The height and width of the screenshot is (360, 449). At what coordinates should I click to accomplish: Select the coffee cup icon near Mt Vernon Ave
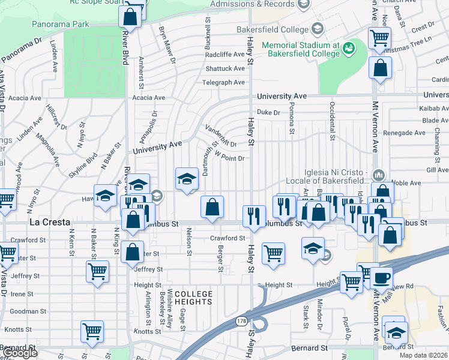click(x=381, y=278)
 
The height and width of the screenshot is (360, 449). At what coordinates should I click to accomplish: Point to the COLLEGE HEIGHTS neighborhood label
click(x=194, y=298)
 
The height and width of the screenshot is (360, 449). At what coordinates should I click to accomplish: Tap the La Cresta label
click(x=46, y=222)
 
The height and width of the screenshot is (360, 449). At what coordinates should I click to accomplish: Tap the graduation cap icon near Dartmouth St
click(x=187, y=178)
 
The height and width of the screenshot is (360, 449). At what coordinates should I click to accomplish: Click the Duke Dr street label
click(x=268, y=112)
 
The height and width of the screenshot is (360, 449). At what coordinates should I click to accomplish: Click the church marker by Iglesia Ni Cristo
click(x=378, y=175)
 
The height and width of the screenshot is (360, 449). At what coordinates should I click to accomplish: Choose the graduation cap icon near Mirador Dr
click(x=313, y=248)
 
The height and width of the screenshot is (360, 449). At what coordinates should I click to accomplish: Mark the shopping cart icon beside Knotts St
click(x=92, y=331)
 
